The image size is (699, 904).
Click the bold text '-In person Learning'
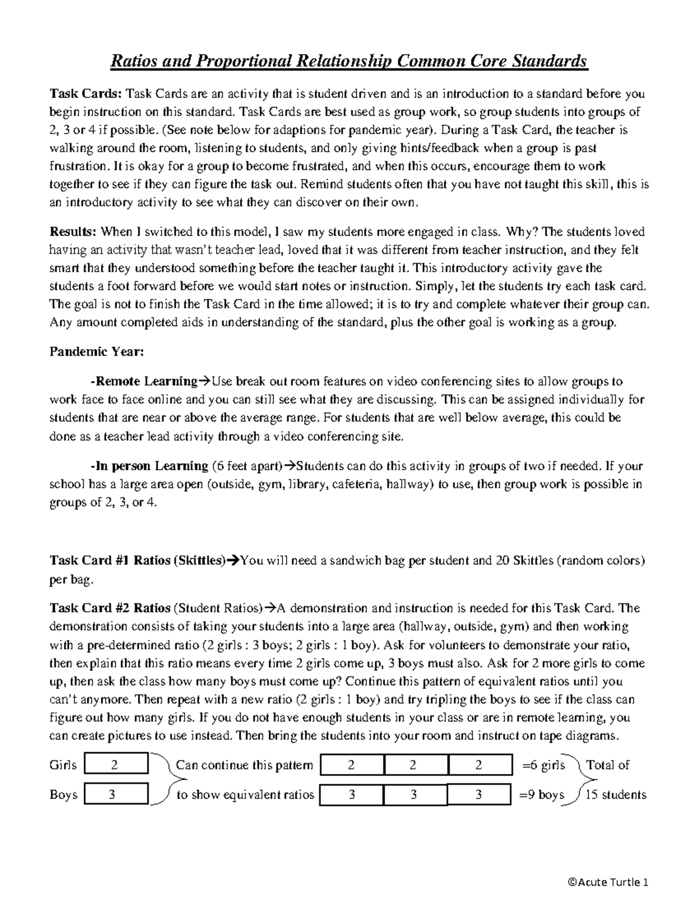tap(149, 466)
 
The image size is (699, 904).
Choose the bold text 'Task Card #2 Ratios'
tap(110, 608)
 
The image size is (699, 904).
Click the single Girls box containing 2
tap(116, 765)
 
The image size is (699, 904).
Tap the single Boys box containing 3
tap(116, 794)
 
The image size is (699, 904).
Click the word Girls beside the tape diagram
tap(63, 765)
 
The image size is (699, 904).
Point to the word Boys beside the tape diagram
tap(63, 795)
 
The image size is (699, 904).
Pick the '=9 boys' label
tap(541, 795)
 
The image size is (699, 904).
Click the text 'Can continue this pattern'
tap(244, 765)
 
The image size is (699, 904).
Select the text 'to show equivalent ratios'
tap(245, 795)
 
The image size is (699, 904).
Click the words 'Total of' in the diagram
tap(608, 765)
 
